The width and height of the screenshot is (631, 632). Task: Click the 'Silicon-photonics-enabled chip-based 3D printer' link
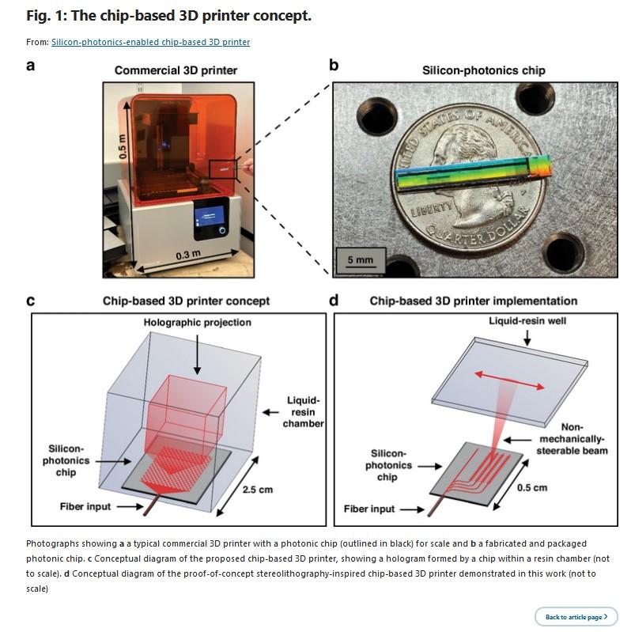[x=150, y=42]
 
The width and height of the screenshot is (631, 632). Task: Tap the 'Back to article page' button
[x=576, y=617]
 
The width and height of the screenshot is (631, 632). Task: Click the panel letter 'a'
[x=30, y=66]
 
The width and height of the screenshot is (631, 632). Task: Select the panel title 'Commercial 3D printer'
[x=176, y=70]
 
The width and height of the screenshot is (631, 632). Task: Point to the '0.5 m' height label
[x=123, y=147]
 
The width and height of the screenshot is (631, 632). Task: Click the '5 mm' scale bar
[x=360, y=259]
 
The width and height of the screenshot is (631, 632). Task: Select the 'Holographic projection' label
[x=197, y=323]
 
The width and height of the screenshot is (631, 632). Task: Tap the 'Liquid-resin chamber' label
[x=303, y=412]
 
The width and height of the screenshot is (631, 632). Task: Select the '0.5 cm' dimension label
[x=531, y=487]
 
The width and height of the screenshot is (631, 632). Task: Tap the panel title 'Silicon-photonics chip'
[x=483, y=70]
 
